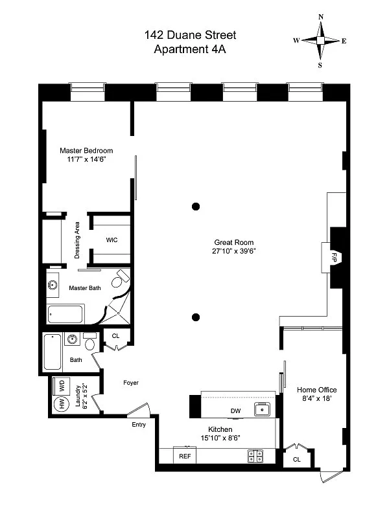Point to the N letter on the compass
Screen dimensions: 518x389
tap(320, 17)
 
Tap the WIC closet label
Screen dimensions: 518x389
tap(112, 240)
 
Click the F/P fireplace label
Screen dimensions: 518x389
tap(335, 256)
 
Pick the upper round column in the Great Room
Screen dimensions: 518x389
tap(195, 207)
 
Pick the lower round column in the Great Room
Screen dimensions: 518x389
tap(195, 317)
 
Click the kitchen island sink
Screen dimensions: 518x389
tap(262, 409)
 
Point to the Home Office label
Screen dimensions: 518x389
tap(317, 390)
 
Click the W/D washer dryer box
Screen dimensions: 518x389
tap(62, 385)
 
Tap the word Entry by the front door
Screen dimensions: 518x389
tap(139, 425)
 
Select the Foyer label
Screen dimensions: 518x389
tap(131, 383)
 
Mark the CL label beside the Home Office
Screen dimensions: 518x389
tap(297, 459)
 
